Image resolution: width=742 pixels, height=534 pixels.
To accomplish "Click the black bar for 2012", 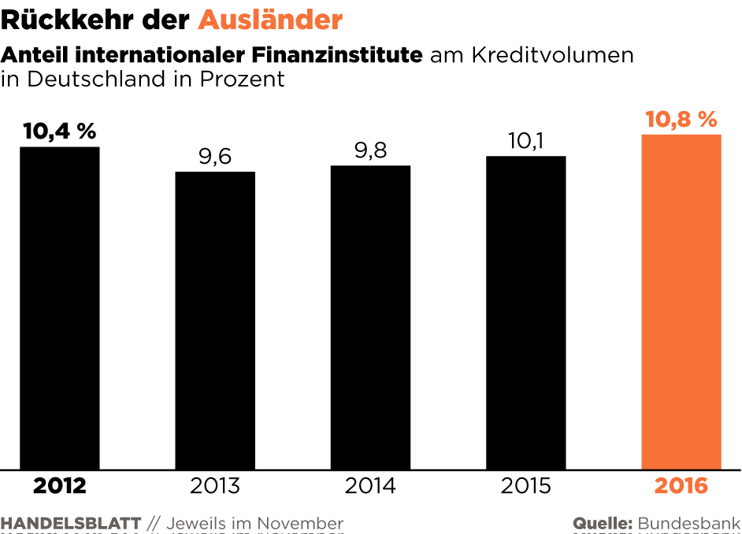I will pyautogui.click(x=59, y=307).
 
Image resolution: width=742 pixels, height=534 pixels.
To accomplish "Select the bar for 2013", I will pyautogui.click(x=215, y=320).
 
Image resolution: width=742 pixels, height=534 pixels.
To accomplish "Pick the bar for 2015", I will pyautogui.click(x=526, y=312).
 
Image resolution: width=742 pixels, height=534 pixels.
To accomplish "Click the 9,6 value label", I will pyautogui.click(x=215, y=157).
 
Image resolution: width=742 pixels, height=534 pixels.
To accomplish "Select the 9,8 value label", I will pyautogui.click(x=370, y=150).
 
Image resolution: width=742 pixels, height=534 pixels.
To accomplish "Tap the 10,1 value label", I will pyautogui.click(x=526, y=141).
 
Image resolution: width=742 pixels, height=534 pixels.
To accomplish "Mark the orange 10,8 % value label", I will pyautogui.click(x=681, y=120).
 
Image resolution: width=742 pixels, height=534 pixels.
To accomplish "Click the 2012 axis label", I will pyautogui.click(x=59, y=486).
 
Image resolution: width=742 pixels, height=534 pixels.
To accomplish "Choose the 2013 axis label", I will pyautogui.click(x=215, y=486).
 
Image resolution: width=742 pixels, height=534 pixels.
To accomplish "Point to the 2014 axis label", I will pyautogui.click(x=370, y=486).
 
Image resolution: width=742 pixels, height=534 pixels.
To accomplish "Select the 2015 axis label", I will pyautogui.click(x=526, y=486).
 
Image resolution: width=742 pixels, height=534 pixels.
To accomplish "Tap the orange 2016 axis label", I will pyautogui.click(x=681, y=486).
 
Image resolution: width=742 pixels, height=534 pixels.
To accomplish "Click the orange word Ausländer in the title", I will pyautogui.click(x=270, y=20).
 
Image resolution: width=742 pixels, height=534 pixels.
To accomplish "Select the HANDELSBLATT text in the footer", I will pyautogui.click(x=71, y=524).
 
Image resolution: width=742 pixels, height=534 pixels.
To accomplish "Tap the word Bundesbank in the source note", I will pyautogui.click(x=689, y=524).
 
